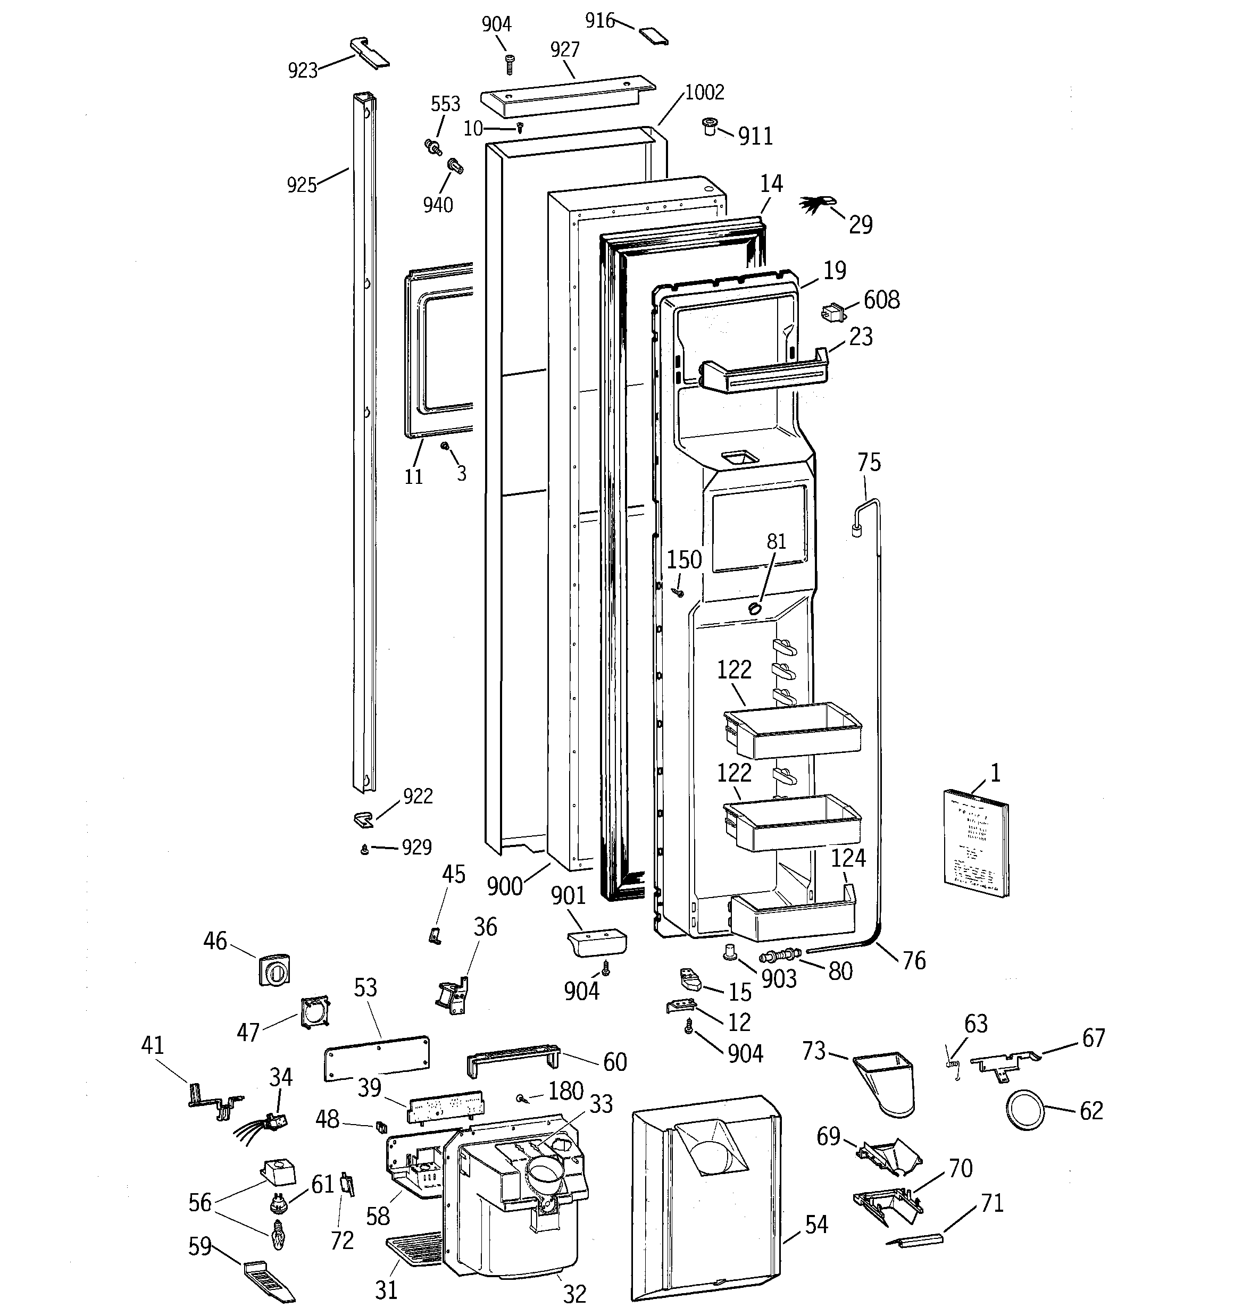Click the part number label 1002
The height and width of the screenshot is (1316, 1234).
(x=704, y=92)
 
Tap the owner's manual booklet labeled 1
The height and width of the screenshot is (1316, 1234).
(x=975, y=844)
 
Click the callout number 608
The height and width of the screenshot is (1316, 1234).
(x=881, y=300)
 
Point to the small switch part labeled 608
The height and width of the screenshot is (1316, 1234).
(x=833, y=312)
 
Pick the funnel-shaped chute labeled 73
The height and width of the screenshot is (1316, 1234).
(x=886, y=1084)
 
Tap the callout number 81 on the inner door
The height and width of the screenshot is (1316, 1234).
(x=776, y=541)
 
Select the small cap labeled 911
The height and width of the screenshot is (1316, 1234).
(x=710, y=125)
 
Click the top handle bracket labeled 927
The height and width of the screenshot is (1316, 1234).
(x=566, y=95)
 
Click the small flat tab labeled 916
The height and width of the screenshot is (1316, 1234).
(x=653, y=36)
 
